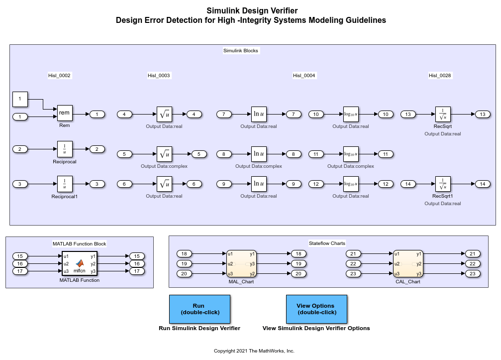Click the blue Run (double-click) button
coord(200,309)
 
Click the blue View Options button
coord(316,309)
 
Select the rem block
coord(65,113)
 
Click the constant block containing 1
coord(20,99)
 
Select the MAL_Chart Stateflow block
coord(241,263)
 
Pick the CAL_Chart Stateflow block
coord(408,263)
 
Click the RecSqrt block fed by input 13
coord(442,115)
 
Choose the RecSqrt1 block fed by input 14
coord(442,184)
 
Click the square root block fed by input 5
coord(164,154)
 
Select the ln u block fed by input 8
coord(259,154)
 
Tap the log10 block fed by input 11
coord(351,154)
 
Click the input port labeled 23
coord(353,273)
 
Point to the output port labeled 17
coord(137,271)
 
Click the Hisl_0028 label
coord(440,76)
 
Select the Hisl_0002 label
coord(59,76)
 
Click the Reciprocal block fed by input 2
coord(65,149)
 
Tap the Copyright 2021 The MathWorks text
coord(254,351)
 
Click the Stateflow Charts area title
coord(327,243)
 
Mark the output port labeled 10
coord(386,115)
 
